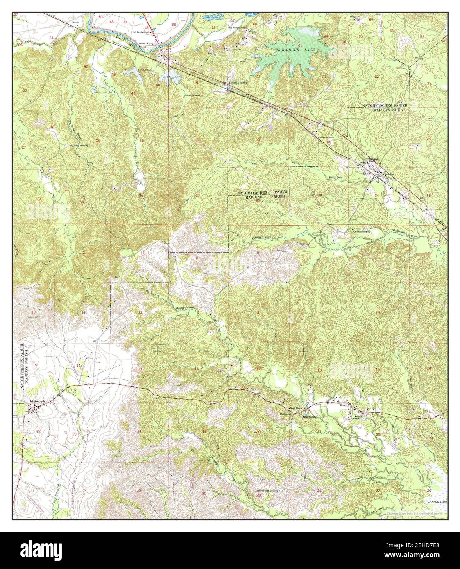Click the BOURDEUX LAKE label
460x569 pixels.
coord(292,50)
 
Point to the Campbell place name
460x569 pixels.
coord(286,414)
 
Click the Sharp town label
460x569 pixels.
coord(343,406)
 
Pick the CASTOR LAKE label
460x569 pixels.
coord(435,501)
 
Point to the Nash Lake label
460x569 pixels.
coord(101,92)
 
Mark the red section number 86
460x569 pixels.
coord(20,44)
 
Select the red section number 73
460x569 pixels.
coord(186,46)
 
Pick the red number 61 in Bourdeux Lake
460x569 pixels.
coord(300,45)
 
